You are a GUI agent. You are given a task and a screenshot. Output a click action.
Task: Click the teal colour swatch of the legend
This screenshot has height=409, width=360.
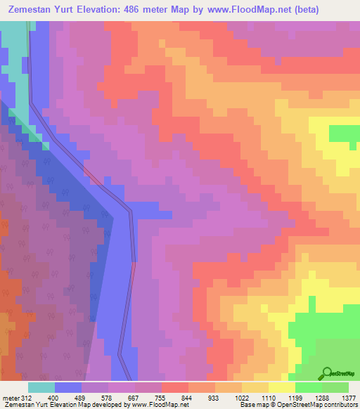coord(41,387)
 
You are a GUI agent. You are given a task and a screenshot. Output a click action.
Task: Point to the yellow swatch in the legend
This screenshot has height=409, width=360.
coord(282,387)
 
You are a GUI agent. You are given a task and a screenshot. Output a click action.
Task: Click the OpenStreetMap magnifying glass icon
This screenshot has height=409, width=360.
coord(328,373)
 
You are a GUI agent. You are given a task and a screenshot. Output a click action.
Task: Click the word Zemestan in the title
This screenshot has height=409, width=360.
coord(34,10)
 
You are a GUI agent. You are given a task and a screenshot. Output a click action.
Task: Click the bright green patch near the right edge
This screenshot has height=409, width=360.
coord(343,133)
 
